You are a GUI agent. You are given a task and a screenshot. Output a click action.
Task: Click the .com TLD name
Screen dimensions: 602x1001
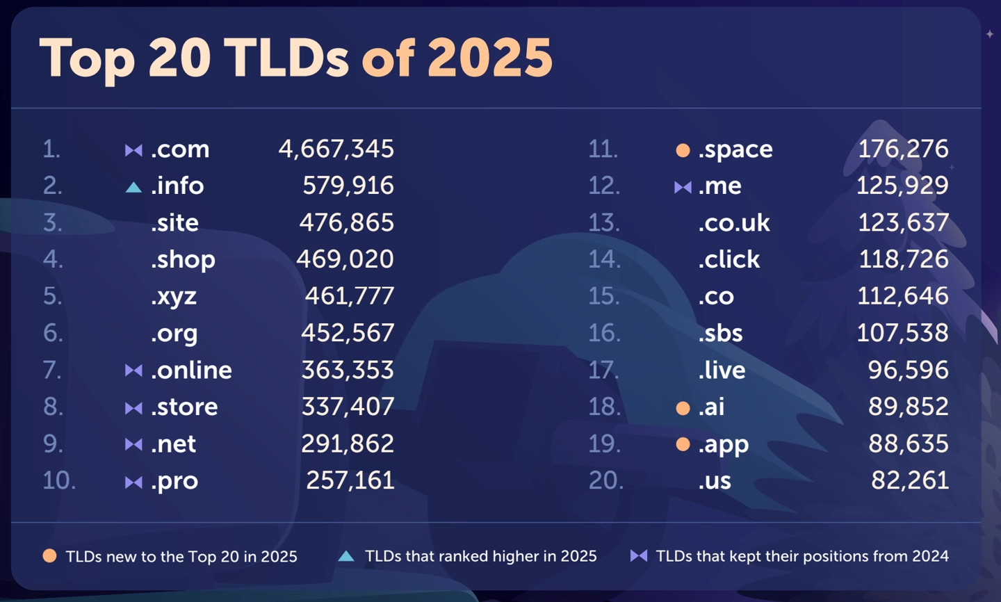click(180, 149)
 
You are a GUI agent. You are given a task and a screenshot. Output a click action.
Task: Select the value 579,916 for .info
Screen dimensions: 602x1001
click(348, 186)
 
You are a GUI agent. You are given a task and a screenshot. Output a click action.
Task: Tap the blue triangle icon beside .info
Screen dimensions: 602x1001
click(133, 187)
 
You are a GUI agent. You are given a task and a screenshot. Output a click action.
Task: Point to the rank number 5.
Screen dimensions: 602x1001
click(52, 296)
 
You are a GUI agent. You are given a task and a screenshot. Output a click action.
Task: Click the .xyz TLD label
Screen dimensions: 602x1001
click(174, 297)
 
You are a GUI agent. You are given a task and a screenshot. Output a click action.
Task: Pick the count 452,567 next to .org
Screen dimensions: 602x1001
click(347, 333)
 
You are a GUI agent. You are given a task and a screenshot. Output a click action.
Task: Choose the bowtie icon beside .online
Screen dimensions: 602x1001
click(133, 371)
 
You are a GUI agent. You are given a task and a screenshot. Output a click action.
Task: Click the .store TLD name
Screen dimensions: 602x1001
click(184, 407)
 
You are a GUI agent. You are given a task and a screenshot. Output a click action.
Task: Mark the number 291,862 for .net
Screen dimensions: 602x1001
click(347, 444)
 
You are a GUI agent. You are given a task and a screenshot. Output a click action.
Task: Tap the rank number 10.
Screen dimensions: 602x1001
click(59, 480)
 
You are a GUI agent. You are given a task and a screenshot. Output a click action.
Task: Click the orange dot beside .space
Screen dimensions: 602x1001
click(683, 150)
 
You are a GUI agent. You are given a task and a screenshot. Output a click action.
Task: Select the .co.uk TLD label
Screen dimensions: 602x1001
click(733, 223)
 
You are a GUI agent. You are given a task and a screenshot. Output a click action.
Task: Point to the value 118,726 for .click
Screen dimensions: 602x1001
click(903, 259)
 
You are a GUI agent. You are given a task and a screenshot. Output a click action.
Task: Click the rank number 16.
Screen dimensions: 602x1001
click(604, 333)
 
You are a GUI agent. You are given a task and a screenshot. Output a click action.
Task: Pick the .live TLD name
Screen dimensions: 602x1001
click(722, 370)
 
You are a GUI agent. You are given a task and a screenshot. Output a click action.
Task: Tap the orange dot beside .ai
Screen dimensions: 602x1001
click(683, 408)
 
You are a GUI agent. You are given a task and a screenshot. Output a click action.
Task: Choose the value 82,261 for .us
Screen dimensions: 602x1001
click(909, 480)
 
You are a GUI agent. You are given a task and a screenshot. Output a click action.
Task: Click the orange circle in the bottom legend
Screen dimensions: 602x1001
click(49, 556)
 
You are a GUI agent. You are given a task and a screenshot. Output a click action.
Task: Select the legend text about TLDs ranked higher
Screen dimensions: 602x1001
click(480, 556)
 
